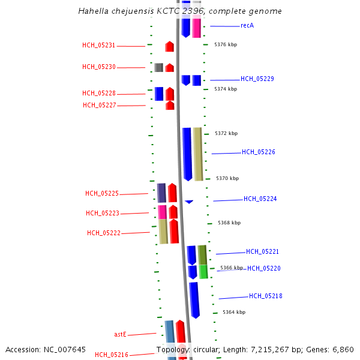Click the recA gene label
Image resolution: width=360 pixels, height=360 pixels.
coord(247,26)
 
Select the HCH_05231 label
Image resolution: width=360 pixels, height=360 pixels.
coord(99,46)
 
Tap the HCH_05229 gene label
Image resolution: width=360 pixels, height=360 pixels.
coord(257,79)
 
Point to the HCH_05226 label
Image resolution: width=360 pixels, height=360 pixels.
coord(259,152)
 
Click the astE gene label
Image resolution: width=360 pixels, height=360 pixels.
coord(120,334)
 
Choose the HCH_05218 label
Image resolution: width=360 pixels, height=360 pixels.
coord(266,296)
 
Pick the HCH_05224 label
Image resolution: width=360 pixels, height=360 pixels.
coord(260,199)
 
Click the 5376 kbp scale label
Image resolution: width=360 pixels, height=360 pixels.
coord(226,44)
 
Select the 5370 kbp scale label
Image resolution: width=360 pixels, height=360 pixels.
coord(227,178)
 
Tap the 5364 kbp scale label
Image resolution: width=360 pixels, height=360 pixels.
coord(234,312)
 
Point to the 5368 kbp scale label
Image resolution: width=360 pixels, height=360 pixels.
coord(229,223)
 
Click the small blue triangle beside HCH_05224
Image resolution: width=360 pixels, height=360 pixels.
coord(189,202)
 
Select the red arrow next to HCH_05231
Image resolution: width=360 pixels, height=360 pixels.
coord(170,46)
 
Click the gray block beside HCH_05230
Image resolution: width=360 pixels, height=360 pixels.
coord(158,67)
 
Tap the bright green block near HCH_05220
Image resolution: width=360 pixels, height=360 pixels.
coord(203,272)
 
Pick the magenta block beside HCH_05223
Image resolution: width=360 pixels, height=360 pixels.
coord(162,212)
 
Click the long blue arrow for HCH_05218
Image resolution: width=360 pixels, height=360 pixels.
coord(194,299)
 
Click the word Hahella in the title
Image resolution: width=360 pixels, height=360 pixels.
coord(92,11)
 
